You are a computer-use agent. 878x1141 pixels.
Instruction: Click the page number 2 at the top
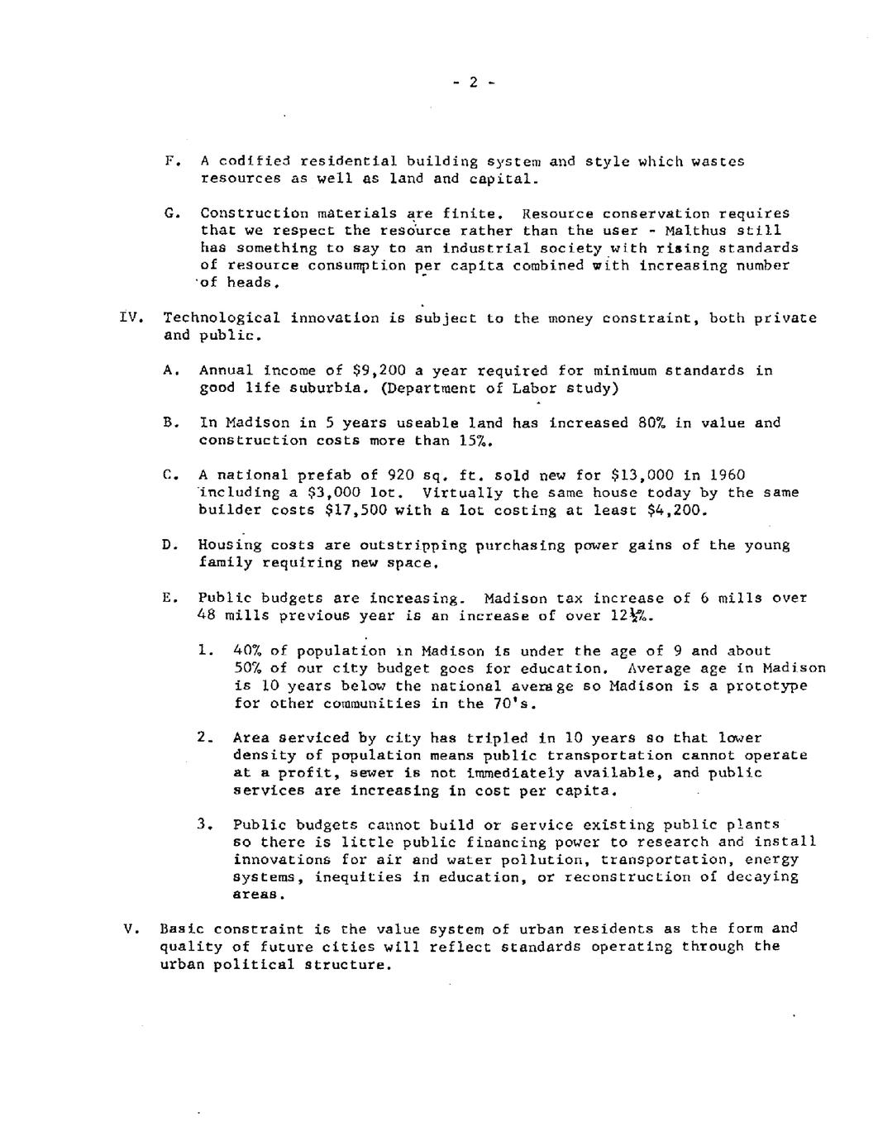pos(473,82)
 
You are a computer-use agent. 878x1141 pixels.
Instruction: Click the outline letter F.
pos(169,161)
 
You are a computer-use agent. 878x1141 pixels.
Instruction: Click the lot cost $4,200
pos(680,510)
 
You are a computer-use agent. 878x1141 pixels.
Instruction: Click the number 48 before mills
pos(207,615)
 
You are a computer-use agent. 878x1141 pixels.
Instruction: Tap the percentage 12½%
pos(633,615)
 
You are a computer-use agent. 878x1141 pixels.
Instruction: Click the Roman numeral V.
pos(128,928)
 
